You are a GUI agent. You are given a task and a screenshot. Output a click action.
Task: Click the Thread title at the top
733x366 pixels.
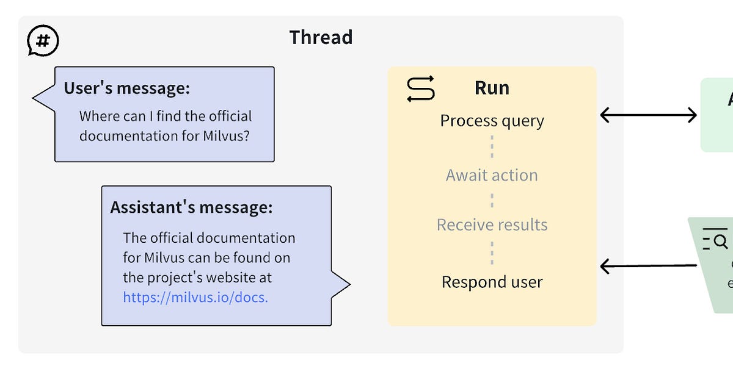pos(321,37)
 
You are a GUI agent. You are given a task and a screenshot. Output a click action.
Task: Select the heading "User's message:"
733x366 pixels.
pos(127,88)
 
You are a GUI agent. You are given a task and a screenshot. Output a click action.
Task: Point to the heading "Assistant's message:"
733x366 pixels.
pos(191,207)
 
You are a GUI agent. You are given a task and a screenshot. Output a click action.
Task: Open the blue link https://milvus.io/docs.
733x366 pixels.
pos(195,297)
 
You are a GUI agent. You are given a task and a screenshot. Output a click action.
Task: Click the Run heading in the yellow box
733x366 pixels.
pos(492,88)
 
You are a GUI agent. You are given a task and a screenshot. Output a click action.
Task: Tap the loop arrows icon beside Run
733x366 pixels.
pos(421,88)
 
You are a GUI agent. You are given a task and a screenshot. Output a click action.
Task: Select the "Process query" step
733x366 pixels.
pos(492,121)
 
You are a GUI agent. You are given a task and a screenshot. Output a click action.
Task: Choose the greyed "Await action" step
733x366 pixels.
pos(492,175)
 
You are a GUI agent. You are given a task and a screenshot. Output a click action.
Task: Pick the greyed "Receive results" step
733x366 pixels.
pos(492,224)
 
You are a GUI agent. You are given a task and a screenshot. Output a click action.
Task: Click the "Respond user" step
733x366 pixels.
pos(492,282)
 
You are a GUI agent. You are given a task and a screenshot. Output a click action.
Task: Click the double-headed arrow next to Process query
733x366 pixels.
pos(648,115)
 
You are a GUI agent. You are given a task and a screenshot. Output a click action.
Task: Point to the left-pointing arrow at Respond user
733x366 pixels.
pos(648,266)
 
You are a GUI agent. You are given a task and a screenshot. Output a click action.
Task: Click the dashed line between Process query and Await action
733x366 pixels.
pos(492,148)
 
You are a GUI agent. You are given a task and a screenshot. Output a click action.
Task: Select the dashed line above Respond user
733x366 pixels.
pos(492,253)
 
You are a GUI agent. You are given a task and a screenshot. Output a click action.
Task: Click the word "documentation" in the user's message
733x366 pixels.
pos(122,135)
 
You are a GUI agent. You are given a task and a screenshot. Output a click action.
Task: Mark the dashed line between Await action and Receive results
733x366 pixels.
pos(492,200)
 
